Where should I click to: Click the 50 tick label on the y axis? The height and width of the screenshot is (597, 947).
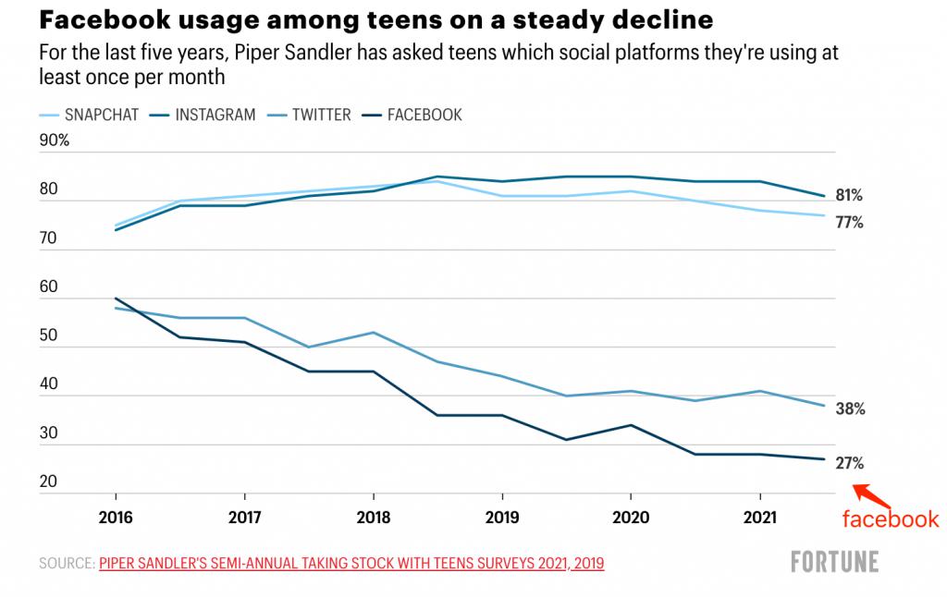point(49,335)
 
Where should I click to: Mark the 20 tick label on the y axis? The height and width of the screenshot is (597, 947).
point(49,481)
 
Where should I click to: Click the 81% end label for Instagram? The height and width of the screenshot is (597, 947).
point(850,196)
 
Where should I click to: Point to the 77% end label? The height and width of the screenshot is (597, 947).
point(850,223)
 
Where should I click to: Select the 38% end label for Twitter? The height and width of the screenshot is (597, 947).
point(850,408)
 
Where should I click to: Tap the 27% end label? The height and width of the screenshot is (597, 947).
point(850,464)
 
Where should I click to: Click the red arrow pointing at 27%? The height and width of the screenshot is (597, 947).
point(870,496)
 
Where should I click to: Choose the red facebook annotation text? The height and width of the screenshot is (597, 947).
point(890,519)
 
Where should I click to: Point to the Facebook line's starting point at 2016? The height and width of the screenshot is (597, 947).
point(115,298)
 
